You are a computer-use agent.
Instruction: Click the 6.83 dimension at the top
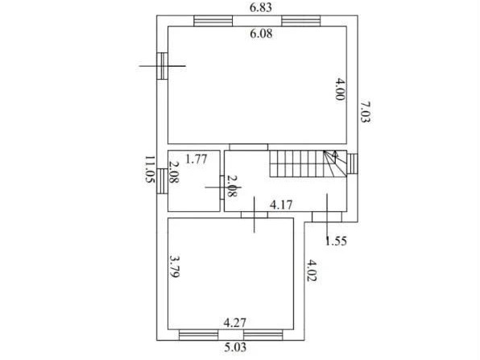point(260,7)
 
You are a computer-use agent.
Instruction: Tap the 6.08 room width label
point(261,33)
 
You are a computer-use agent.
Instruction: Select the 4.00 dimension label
point(340,89)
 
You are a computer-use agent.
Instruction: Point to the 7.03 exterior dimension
point(365,112)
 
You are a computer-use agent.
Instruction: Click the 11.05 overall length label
point(150,169)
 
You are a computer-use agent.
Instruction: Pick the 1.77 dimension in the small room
point(197,159)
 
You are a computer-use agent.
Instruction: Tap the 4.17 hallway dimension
point(281,205)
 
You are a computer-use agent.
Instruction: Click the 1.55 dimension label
point(336,242)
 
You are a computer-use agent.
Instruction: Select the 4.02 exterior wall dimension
point(312,271)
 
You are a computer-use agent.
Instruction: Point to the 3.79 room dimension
point(174,267)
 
